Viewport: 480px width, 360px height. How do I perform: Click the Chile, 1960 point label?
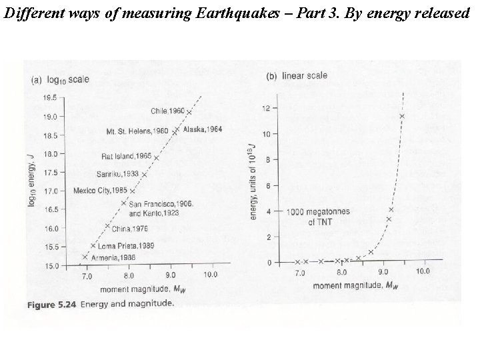(x=167, y=110)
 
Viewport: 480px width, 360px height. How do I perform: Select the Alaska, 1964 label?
(x=203, y=129)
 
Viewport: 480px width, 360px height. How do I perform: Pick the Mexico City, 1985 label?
(x=100, y=190)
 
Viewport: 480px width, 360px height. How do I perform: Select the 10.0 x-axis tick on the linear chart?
(x=422, y=273)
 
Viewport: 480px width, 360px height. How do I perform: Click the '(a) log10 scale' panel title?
(x=61, y=79)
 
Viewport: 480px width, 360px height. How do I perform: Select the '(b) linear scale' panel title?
(x=297, y=76)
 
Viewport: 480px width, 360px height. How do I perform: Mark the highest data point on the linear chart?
(x=402, y=117)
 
